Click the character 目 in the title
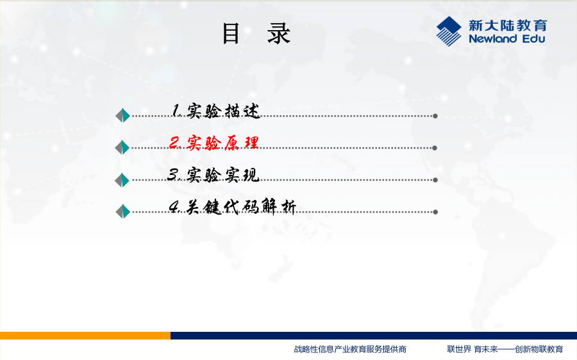click(231, 33)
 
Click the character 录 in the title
click(279, 33)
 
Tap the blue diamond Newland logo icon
click(449, 31)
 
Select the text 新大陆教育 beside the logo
click(508, 26)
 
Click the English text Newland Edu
click(506, 38)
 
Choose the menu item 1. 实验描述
click(216, 111)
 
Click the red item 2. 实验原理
click(213, 143)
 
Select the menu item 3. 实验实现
click(213, 175)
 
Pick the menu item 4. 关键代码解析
click(232, 207)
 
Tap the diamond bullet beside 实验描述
click(122, 115)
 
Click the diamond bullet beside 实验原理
click(122, 147)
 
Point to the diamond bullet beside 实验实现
click(122, 180)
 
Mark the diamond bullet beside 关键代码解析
click(123, 211)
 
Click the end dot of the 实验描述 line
click(435, 116)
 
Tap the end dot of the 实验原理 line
click(435, 148)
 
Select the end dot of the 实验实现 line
click(435, 180)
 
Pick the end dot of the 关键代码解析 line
click(435, 212)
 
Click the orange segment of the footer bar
click(85, 336)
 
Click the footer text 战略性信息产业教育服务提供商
click(350, 349)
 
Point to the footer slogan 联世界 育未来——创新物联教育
click(505, 349)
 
